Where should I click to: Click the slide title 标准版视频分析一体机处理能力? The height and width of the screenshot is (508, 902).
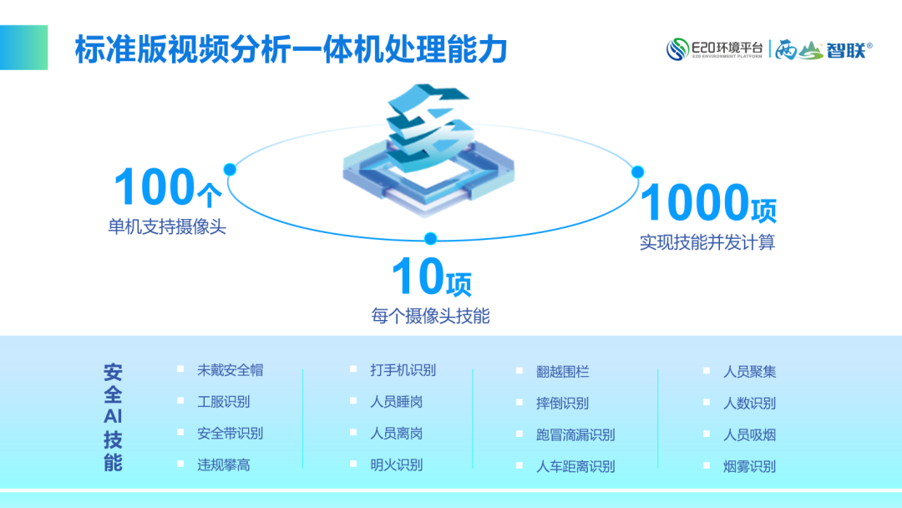pos(291,48)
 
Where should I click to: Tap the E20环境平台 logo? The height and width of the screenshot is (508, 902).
pos(714,49)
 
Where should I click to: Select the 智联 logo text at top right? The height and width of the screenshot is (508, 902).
pos(846,50)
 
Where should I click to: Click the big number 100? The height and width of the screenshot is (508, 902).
pos(155,186)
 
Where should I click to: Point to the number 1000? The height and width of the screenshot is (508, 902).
pos(695,202)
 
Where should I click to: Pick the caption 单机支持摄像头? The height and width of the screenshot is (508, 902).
pos(167,226)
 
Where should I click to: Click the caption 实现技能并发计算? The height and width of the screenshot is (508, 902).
pos(707,242)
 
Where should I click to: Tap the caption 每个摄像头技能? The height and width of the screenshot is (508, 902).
pos(430,316)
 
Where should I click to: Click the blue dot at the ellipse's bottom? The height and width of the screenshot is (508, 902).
pos(430,238)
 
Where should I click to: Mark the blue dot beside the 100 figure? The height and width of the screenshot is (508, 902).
pos(230,169)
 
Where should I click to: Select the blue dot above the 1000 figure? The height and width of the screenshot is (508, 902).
pos(637,171)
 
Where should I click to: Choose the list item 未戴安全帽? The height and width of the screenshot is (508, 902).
pos(231,370)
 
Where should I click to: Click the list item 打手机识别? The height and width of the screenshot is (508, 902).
pos(403,370)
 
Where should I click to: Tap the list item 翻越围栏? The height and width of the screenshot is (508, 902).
pos(562,372)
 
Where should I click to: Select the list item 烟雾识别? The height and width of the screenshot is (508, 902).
pos(749,466)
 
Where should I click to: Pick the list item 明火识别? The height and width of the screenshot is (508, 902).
pos(397,465)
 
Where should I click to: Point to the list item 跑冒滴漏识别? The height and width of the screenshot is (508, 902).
pos(575,434)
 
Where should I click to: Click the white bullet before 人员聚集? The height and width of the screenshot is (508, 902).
pos(707,370)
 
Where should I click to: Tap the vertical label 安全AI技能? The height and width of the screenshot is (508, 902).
pos(113,417)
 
